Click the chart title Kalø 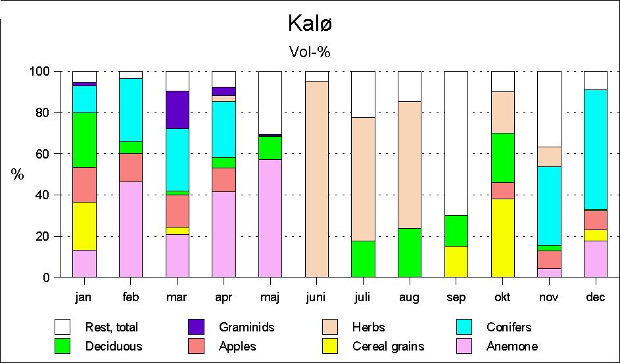(310, 24)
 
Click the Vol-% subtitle (310, 52)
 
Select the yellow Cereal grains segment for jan (84, 226)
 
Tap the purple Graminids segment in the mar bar (177, 109)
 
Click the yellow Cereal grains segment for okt (502, 237)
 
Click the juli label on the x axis (363, 297)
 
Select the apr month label (224, 297)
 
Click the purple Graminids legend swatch (196, 327)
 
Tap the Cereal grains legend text (388, 347)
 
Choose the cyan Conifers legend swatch (467, 327)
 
